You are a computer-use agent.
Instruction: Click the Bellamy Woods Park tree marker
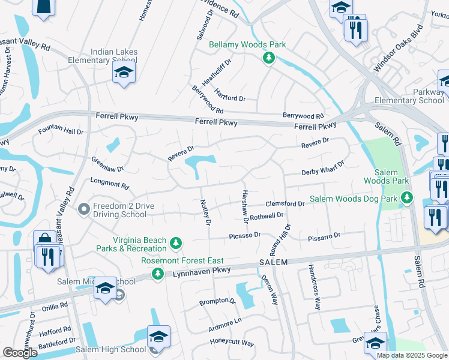(270, 58)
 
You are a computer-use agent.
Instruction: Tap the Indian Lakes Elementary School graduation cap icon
(124, 73)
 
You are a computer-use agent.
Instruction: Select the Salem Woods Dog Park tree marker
(408, 197)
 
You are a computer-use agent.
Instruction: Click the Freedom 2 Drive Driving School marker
(85, 209)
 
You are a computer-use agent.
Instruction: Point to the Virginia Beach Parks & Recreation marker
(176, 243)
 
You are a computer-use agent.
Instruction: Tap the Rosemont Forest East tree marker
(158, 274)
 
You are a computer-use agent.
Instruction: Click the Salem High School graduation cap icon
(158, 337)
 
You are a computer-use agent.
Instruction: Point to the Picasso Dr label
(244, 236)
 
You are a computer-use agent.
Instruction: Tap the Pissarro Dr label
(324, 236)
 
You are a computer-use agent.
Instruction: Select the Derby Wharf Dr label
(322, 168)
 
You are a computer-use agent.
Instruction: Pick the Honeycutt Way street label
(232, 343)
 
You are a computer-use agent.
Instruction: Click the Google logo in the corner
(20, 353)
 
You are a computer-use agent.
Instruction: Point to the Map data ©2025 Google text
(411, 355)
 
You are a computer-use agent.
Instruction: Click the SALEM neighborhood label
(274, 262)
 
